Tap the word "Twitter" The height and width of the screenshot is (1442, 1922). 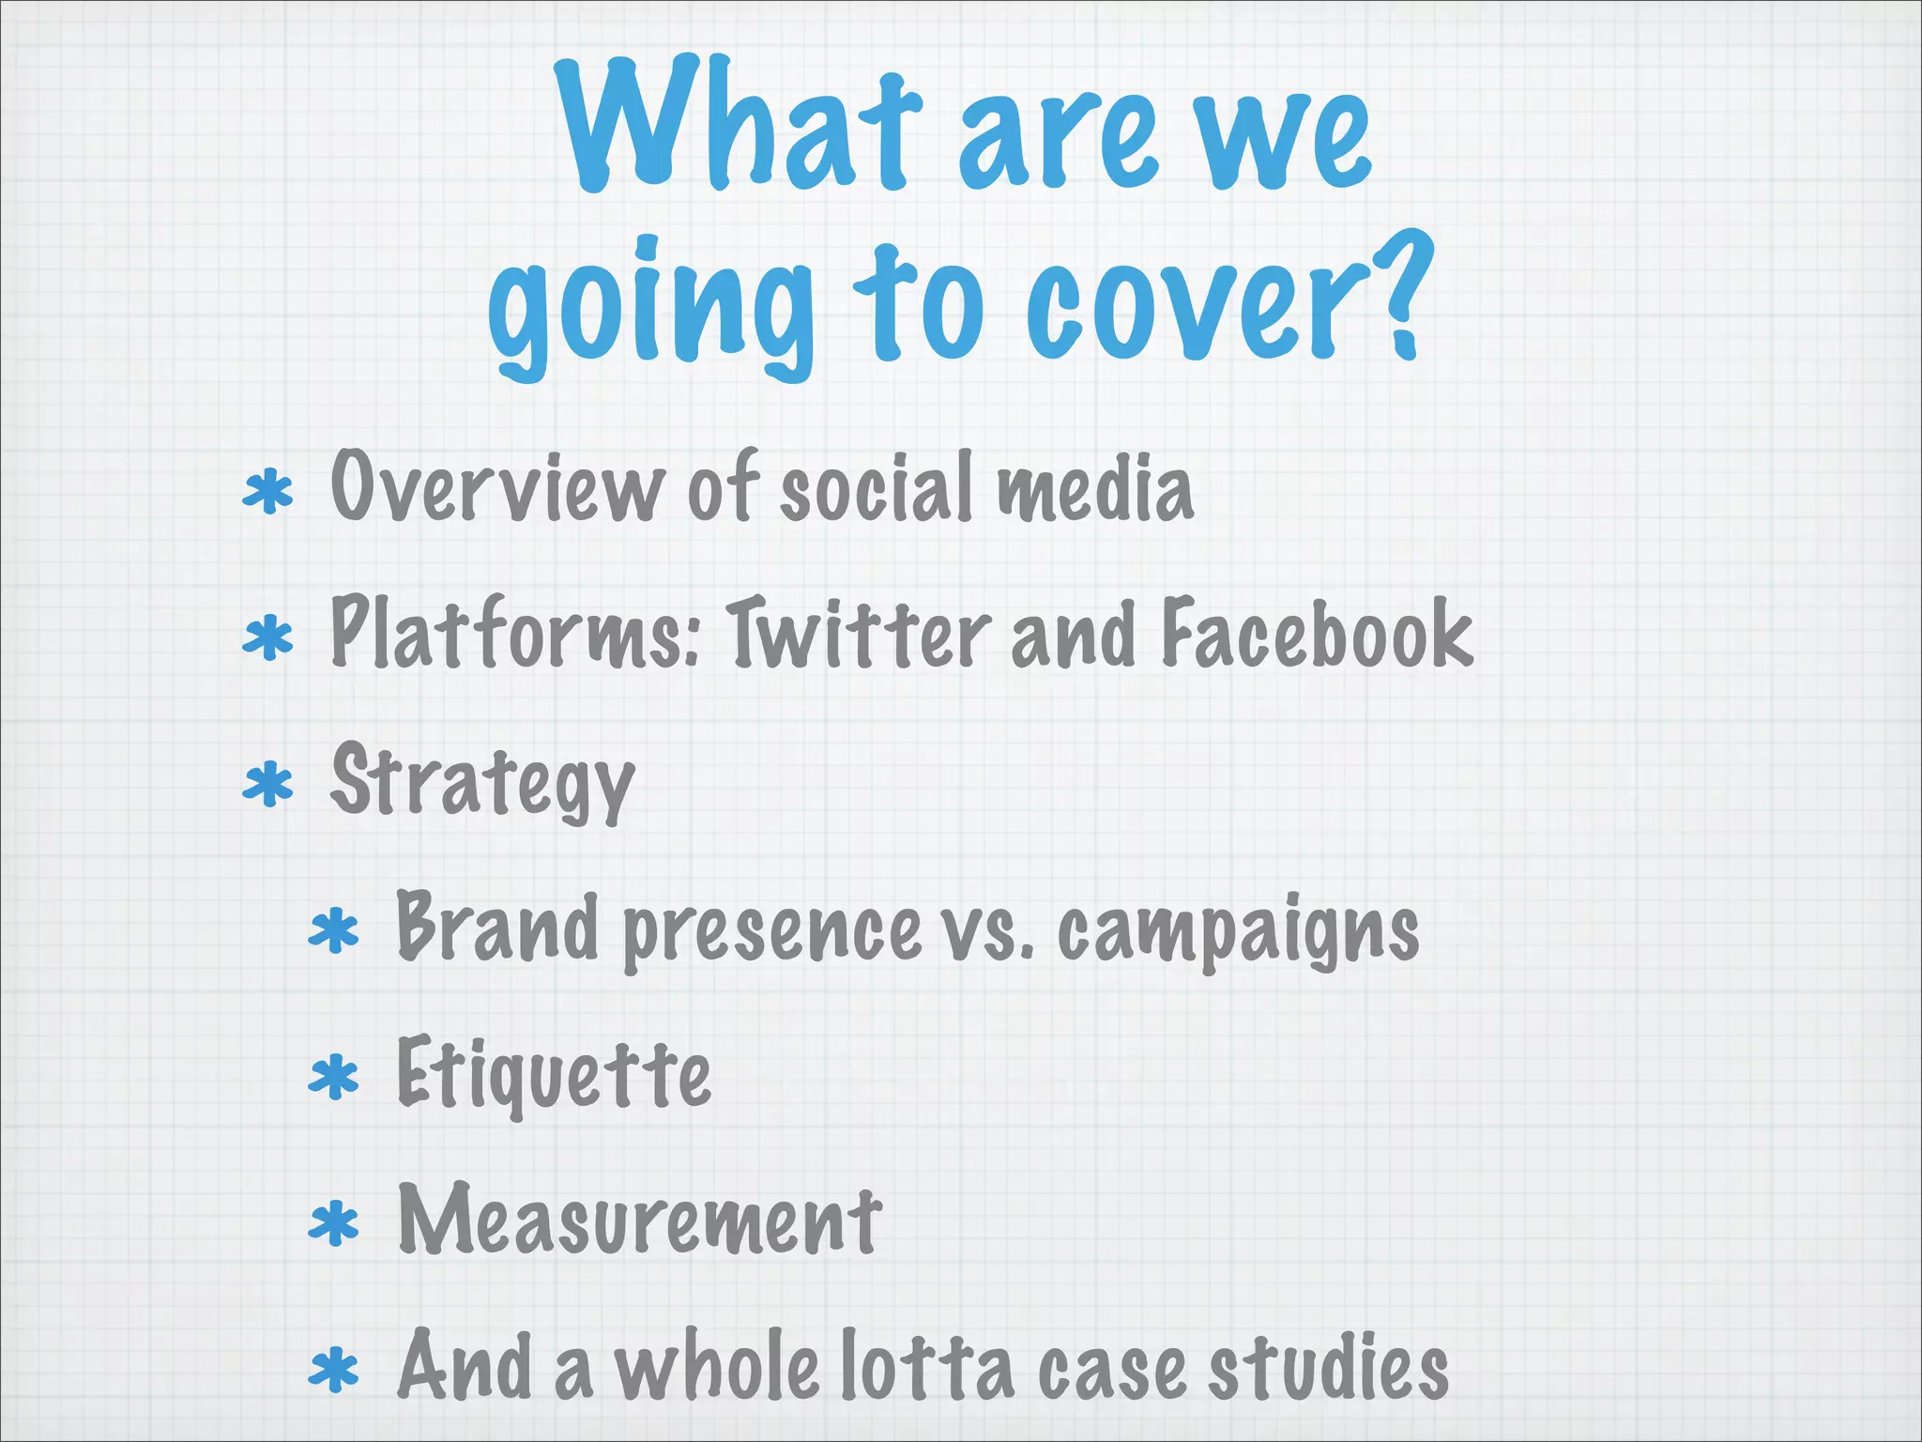click(x=859, y=633)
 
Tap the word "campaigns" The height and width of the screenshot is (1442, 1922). click(x=1238, y=931)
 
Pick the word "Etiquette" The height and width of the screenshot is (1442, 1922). click(x=554, y=1074)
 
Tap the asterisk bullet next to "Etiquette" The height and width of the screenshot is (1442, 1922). click(x=334, y=1078)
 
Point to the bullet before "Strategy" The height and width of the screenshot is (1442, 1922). click(x=268, y=785)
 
